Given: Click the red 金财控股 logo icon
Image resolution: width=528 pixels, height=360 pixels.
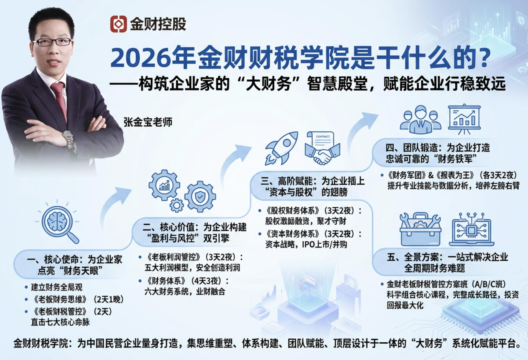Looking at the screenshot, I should coord(118,24).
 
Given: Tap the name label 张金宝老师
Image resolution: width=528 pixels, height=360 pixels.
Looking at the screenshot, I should coord(148,122).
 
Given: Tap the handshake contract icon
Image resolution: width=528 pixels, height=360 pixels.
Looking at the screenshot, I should coord(322,148).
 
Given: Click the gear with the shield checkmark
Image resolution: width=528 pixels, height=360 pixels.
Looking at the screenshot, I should coord(200,197).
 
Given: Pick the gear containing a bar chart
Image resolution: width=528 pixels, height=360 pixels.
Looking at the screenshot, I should coord(164,185).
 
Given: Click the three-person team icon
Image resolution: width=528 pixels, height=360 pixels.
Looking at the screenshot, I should coord(420,120).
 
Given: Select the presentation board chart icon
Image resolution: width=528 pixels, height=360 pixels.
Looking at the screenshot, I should coord(464,119).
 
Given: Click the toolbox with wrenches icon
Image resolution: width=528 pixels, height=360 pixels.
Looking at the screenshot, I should coord(420,229).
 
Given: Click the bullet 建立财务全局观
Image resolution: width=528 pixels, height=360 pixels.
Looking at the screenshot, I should coord(57,287).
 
